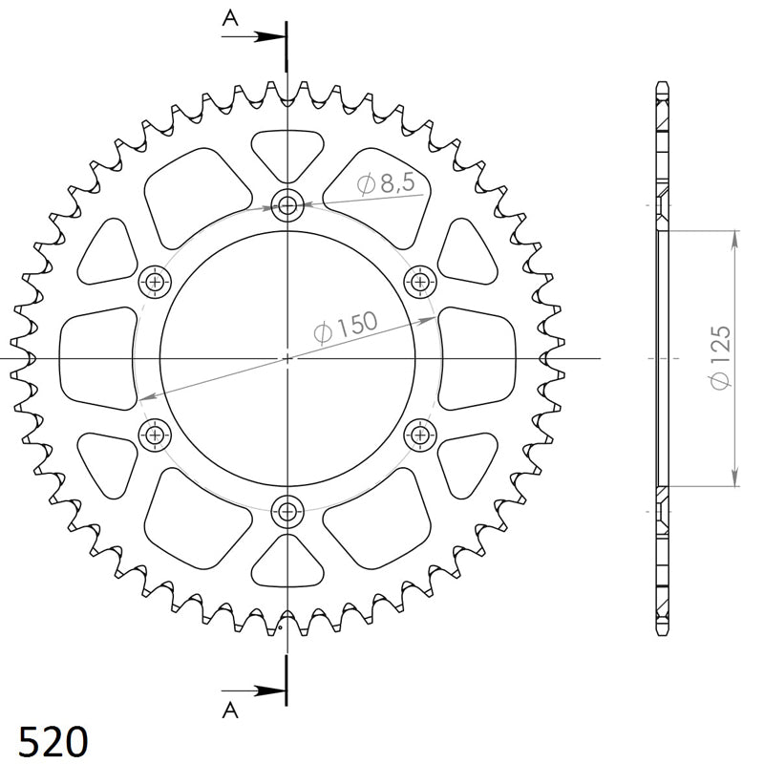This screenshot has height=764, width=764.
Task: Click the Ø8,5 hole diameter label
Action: tap(387, 185)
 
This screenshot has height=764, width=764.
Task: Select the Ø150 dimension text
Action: tap(346, 325)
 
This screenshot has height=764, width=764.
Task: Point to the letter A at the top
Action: tap(229, 16)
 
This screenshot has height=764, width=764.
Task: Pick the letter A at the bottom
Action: tap(229, 709)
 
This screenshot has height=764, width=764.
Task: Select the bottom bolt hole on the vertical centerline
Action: tap(286, 511)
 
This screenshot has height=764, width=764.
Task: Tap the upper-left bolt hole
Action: tap(153, 281)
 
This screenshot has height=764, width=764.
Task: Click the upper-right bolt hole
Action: tap(419, 281)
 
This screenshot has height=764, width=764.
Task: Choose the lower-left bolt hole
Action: tap(153, 435)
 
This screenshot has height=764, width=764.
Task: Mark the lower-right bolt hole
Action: tap(419, 435)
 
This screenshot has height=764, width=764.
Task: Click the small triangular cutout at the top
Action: tap(286, 151)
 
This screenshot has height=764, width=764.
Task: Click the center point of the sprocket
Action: tap(286, 358)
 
